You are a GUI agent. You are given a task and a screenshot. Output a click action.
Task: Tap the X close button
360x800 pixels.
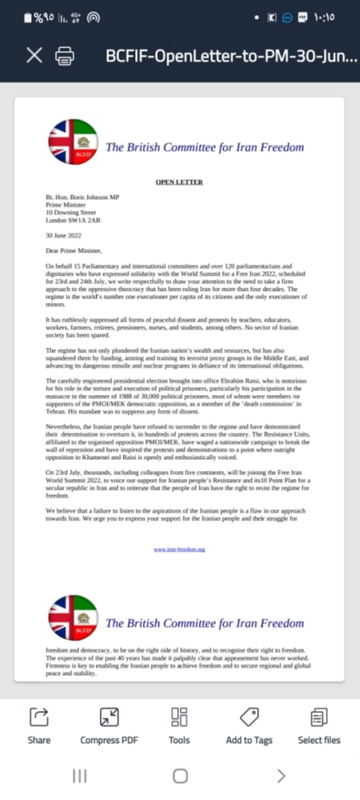(x=34, y=55)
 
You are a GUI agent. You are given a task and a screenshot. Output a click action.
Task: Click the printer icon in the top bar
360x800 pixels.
(x=64, y=56)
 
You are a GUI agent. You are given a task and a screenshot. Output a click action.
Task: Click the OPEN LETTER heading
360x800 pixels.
(x=179, y=182)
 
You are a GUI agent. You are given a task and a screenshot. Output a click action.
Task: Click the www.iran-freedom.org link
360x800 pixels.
(x=179, y=549)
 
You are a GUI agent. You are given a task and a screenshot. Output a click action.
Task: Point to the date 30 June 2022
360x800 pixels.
(x=63, y=236)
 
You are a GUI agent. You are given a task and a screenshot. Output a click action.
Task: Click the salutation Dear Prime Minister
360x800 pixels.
(x=74, y=251)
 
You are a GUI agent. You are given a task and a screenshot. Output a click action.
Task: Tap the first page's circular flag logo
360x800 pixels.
(x=73, y=142)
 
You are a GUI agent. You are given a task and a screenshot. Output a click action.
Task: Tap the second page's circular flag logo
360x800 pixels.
(x=73, y=618)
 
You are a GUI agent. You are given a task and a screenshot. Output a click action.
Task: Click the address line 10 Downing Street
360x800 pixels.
(x=70, y=212)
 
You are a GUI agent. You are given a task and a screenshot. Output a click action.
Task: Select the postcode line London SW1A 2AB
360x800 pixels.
(x=73, y=220)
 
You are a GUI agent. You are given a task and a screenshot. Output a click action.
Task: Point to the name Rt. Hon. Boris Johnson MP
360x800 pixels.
(x=82, y=197)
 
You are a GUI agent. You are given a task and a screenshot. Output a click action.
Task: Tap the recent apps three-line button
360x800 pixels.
(x=80, y=776)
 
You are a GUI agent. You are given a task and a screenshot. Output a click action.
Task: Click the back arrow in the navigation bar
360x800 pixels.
(x=281, y=776)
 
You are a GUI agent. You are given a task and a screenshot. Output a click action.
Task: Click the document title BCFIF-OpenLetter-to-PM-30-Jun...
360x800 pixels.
(x=231, y=56)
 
